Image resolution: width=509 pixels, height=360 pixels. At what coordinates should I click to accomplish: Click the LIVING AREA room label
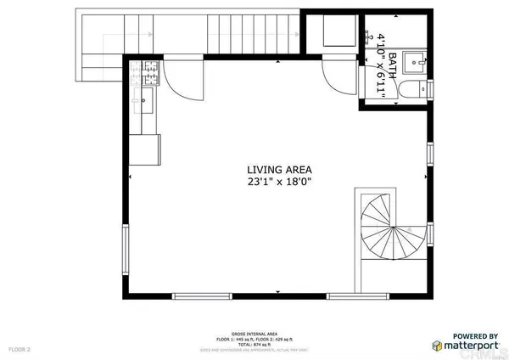click(271, 169)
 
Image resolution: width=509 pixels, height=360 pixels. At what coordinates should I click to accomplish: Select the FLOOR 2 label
click(20, 348)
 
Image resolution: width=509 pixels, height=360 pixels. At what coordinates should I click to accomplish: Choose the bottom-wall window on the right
click(353, 295)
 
